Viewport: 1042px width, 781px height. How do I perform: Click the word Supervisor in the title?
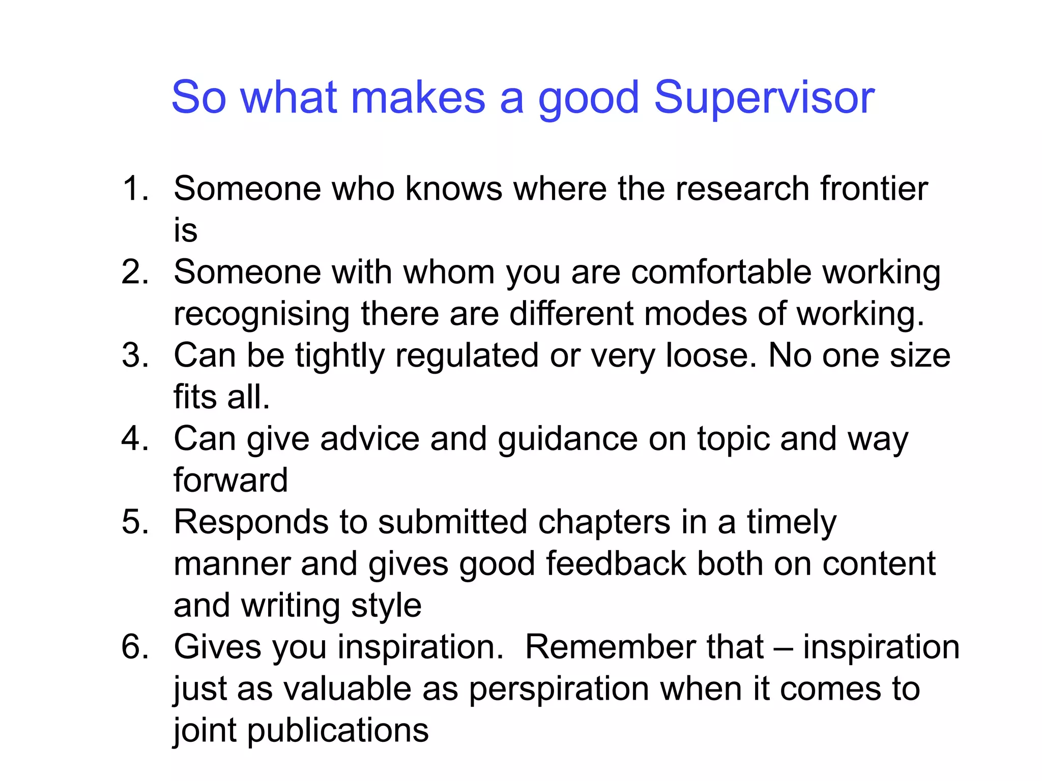point(764,98)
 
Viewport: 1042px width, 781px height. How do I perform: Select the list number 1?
point(135,189)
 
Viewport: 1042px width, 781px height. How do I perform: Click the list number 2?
point(135,272)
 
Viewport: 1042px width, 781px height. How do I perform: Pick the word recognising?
point(261,315)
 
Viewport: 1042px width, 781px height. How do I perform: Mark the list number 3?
point(135,355)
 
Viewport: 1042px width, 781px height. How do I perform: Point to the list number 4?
point(135,439)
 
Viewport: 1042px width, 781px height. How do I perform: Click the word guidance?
point(567,440)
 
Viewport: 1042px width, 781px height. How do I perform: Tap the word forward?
point(230,480)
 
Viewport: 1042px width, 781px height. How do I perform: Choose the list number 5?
point(135,522)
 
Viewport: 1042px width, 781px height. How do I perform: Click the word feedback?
point(616,564)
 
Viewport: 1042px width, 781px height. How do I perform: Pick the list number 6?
point(135,647)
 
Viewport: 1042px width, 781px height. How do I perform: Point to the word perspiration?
point(558,690)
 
